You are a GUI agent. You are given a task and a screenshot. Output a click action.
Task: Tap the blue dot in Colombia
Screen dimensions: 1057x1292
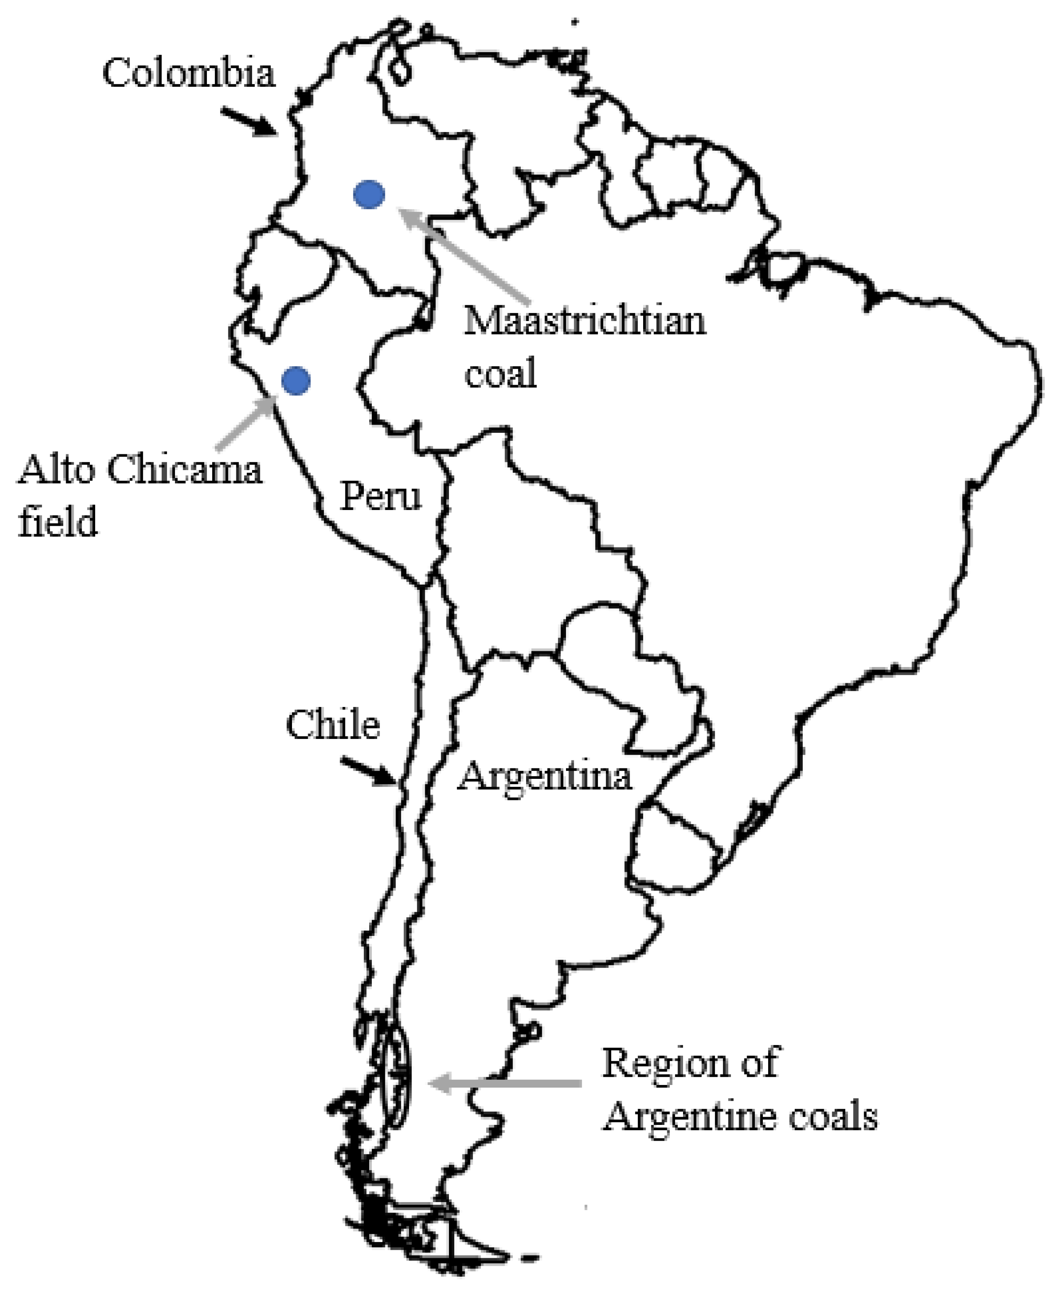(x=369, y=195)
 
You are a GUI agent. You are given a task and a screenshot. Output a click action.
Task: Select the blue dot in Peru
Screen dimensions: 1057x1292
(x=296, y=381)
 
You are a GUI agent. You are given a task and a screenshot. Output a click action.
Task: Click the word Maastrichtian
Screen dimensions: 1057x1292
(x=584, y=321)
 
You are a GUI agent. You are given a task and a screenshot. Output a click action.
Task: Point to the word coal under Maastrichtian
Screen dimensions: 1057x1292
(x=501, y=373)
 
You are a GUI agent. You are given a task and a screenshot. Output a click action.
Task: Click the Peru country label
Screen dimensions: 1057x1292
(x=381, y=496)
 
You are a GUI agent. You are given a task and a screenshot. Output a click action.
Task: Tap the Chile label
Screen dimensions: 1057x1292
(x=333, y=725)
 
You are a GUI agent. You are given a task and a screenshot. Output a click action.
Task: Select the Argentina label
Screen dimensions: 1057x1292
(x=545, y=777)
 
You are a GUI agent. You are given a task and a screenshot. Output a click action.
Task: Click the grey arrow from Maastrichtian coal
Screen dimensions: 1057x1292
(x=466, y=256)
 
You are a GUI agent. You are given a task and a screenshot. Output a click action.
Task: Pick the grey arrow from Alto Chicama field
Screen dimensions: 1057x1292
(x=246, y=422)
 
